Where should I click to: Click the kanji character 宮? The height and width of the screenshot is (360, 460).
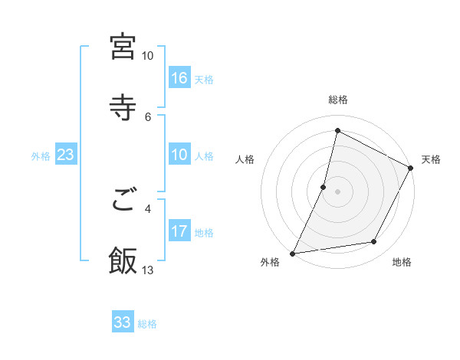click(123, 47)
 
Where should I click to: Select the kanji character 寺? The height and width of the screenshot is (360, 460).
click(123, 106)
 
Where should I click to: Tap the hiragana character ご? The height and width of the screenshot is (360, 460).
click(123, 201)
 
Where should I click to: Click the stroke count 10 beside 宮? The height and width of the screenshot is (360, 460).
click(147, 56)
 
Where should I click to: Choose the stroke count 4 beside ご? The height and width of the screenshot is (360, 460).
click(149, 208)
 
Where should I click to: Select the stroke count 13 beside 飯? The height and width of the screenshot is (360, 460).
click(148, 269)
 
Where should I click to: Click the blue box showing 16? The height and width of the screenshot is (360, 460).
click(179, 77)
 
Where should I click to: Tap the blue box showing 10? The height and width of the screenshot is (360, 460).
click(179, 155)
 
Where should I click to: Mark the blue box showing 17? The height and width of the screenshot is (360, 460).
click(179, 231)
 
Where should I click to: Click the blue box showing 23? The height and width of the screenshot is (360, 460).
click(66, 155)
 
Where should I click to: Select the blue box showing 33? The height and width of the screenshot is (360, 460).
click(123, 322)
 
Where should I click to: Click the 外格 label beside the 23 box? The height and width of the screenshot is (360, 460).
click(41, 156)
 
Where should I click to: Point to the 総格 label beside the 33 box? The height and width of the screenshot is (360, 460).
click(147, 324)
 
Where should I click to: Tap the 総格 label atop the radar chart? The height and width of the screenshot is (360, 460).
click(338, 100)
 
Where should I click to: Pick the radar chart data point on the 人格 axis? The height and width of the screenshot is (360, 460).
click(324, 186)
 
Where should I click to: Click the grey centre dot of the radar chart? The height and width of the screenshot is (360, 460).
click(338, 191)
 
